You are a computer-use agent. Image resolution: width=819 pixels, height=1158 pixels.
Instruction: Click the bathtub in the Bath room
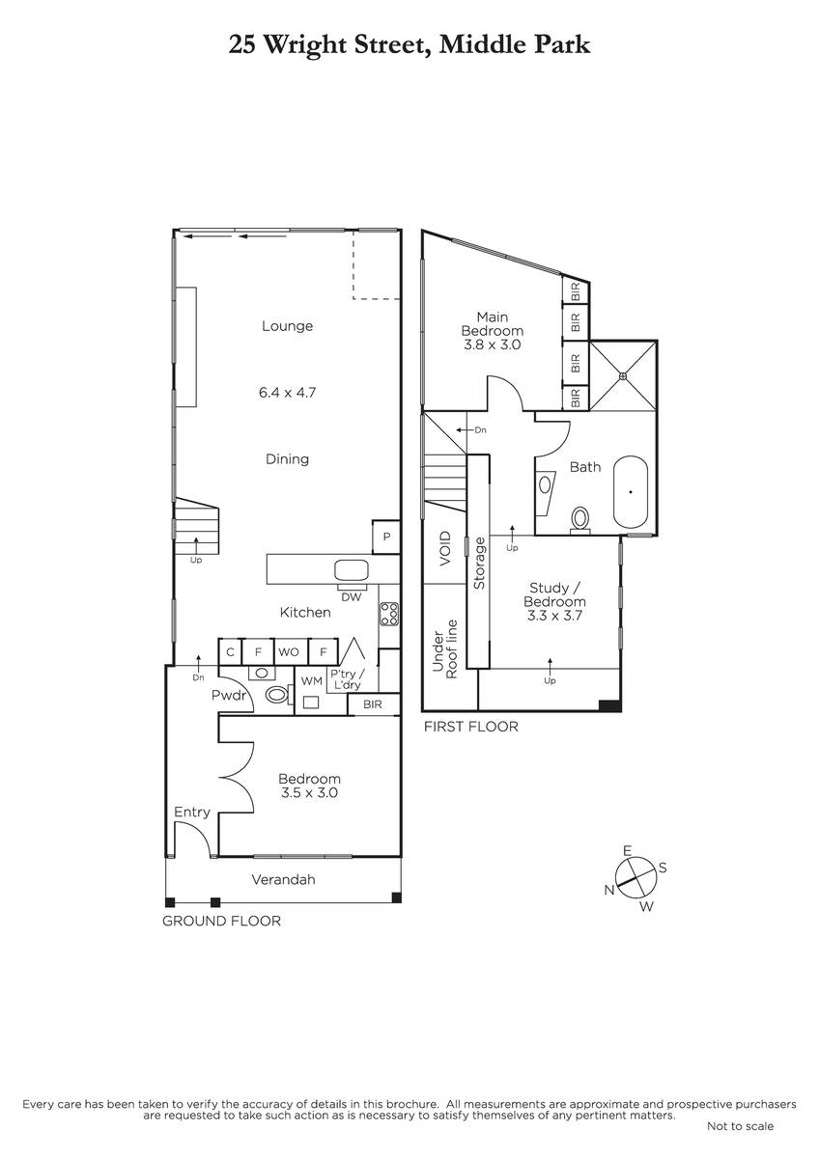click(x=630, y=491)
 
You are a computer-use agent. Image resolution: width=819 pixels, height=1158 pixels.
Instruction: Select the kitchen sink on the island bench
click(x=352, y=570)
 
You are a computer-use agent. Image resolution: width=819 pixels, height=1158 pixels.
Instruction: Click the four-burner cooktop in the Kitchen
click(x=389, y=614)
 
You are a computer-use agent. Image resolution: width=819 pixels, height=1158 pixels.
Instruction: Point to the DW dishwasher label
click(x=352, y=597)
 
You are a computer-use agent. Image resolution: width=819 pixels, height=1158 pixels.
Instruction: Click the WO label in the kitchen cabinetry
click(x=289, y=652)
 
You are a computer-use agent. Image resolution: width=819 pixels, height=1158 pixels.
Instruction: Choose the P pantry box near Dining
click(x=386, y=537)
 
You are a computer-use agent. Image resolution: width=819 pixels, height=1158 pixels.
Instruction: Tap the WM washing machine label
click(x=311, y=681)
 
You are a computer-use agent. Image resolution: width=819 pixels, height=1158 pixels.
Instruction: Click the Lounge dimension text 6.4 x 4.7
click(x=287, y=393)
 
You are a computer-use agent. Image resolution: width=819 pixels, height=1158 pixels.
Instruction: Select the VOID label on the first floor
click(x=445, y=548)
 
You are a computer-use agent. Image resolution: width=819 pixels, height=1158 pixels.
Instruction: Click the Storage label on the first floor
click(x=479, y=563)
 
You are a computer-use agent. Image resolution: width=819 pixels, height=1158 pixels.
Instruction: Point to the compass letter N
click(x=610, y=889)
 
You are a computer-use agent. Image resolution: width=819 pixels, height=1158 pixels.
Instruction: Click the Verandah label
click(x=284, y=879)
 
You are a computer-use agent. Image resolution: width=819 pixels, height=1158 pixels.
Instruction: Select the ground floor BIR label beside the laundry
click(x=373, y=704)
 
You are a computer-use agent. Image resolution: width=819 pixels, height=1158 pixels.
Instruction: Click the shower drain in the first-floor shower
click(x=624, y=375)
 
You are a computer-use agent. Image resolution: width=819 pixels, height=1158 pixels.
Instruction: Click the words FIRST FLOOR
click(x=470, y=727)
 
